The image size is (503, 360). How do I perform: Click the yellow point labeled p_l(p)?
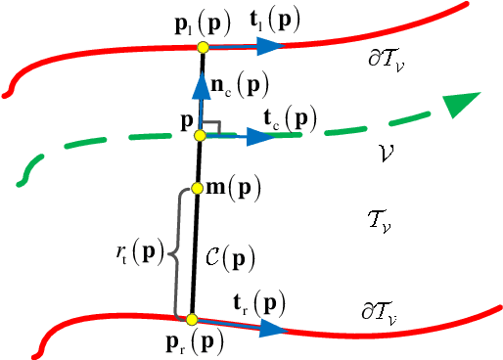point(202,47)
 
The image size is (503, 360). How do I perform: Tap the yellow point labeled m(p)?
point(197,188)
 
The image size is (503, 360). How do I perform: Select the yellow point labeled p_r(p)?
point(192,319)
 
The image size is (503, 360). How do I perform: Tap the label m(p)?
point(232,187)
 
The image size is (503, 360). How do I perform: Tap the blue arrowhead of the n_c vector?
point(201,84)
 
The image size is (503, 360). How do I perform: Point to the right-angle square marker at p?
point(212,128)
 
